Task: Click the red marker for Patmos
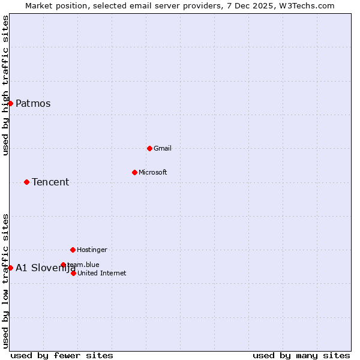point(10,103)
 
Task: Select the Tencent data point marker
point(26,182)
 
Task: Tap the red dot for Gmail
point(149,148)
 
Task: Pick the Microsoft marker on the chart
point(134,172)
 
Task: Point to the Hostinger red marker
point(73,250)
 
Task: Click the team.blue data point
point(63,265)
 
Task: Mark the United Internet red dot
point(73,273)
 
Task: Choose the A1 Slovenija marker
point(10,268)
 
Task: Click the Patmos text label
point(33,103)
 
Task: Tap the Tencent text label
point(50,182)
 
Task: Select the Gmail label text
point(163,148)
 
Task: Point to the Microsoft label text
point(153,172)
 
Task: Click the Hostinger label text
point(92,250)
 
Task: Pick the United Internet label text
point(102,273)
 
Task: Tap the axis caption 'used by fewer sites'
point(62,355)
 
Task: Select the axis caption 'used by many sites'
point(301,355)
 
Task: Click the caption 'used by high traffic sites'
point(5,85)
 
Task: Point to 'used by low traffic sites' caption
point(5,280)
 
